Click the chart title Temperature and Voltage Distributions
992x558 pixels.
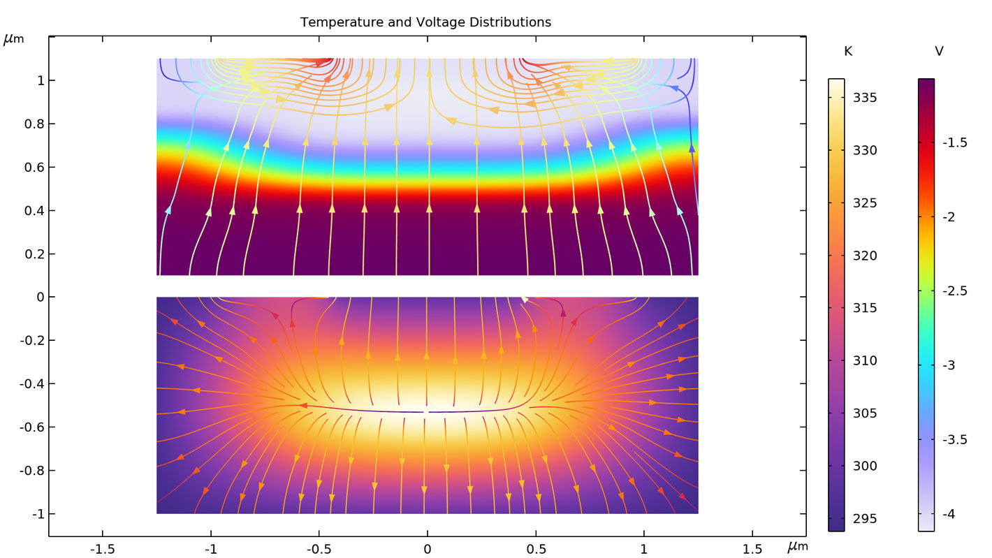[425, 22]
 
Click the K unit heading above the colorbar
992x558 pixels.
[848, 52]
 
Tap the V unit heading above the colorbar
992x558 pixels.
[939, 52]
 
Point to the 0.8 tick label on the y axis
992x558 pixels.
[34, 124]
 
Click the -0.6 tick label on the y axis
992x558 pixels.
[31, 427]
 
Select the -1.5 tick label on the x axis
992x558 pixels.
[102, 550]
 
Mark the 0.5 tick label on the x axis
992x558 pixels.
[535, 550]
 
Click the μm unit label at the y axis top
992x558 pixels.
[14, 39]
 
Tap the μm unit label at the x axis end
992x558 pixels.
[797, 547]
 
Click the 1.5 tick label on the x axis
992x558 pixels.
[752, 550]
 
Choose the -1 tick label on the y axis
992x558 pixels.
[35, 514]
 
